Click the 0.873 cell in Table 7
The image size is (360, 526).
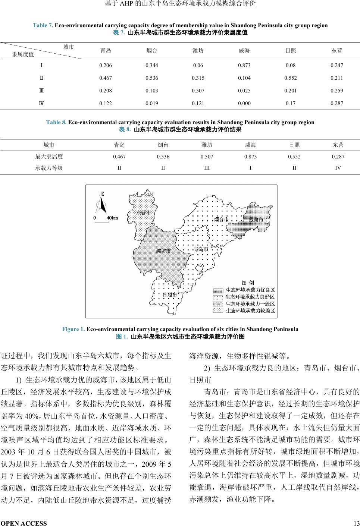click(x=244, y=66)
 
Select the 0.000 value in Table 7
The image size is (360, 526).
click(x=244, y=104)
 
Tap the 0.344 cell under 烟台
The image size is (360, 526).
click(x=152, y=66)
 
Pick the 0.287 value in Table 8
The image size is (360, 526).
click(x=338, y=157)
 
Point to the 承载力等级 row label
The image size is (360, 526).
click(x=49, y=168)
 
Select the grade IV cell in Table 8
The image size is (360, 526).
click(x=338, y=168)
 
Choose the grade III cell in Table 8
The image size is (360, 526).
click(x=207, y=168)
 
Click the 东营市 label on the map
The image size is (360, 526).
click(x=144, y=213)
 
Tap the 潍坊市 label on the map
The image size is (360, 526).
click(x=163, y=251)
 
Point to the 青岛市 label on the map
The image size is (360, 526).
click(x=201, y=249)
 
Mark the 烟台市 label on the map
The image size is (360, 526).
click(x=221, y=219)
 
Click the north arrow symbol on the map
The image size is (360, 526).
click(x=101, y=204)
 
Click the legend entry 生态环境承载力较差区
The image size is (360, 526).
click(x=250, y=310)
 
